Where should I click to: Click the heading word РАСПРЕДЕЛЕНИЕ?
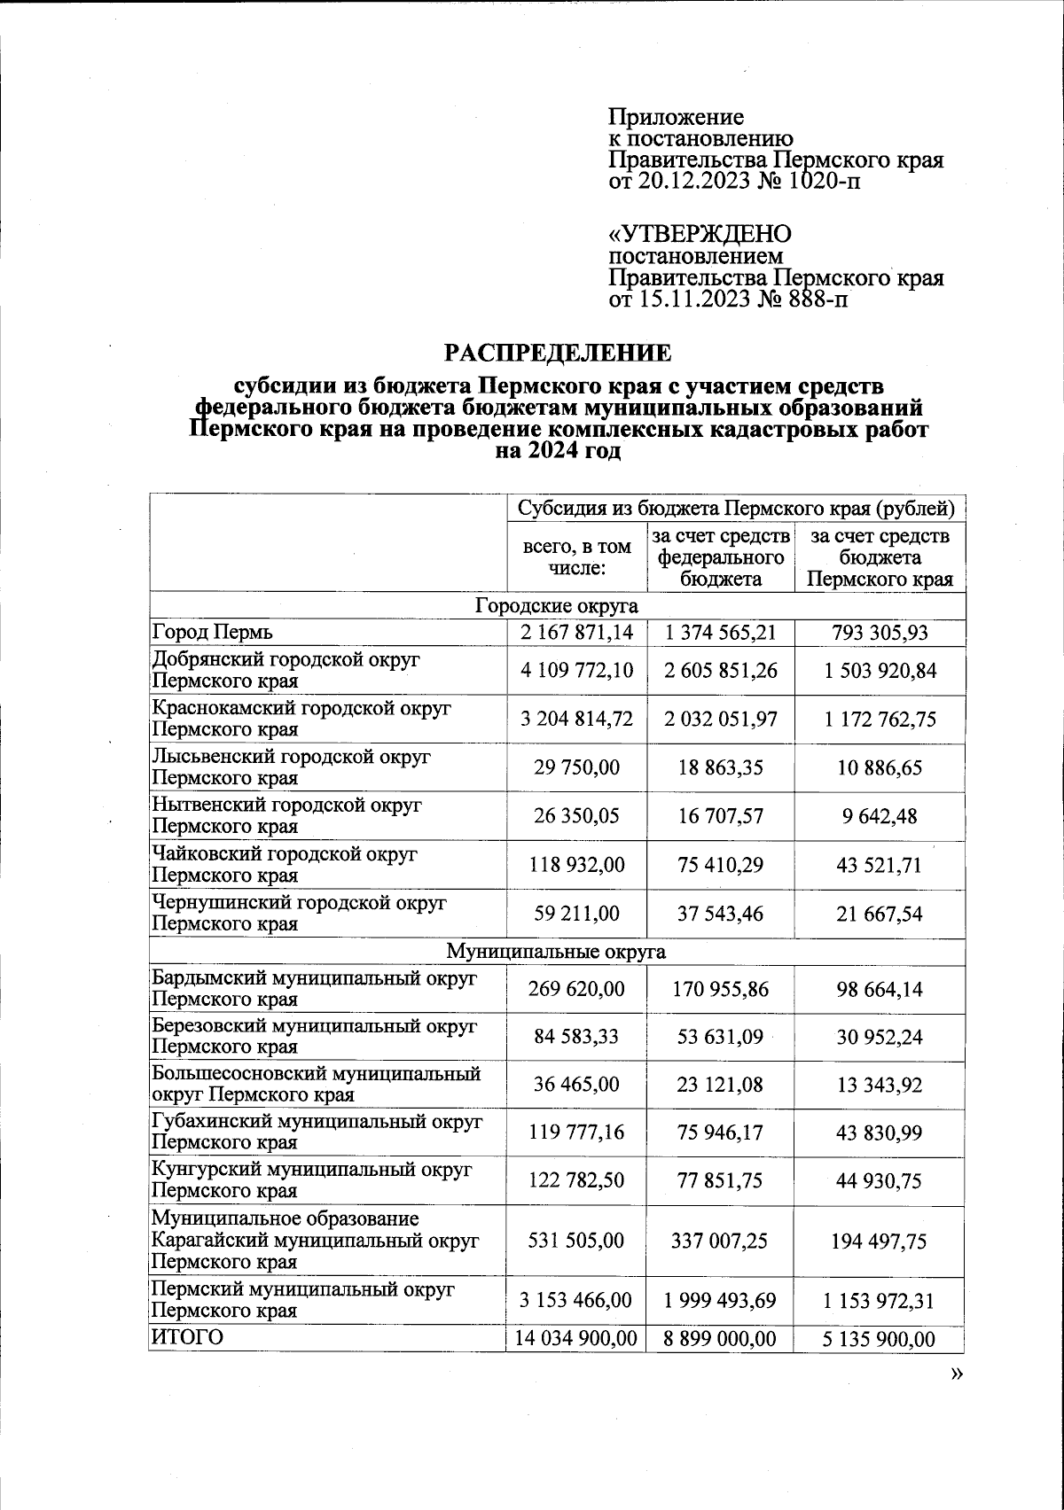click(x=558, y=354)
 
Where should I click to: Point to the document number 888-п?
click(x=813, y=300)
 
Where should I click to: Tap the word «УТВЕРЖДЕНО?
click(x=699, y=235)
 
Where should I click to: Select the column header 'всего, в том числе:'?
click(x=576, y=557)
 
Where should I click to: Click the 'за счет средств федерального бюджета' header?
click(x=721, y=557)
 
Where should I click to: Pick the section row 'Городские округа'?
click(x=557, y=606)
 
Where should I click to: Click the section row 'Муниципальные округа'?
click(x=556, y=952)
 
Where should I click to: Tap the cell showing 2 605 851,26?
click(x=721, y=670)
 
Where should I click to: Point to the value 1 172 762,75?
click(x=879, y=719)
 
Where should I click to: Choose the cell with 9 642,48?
click(x=879, y=815)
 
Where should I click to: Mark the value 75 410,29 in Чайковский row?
click(x=721, y=864)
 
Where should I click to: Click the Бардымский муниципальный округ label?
click(x=314, y=989)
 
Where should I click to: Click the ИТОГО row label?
click(x=188, y=1336)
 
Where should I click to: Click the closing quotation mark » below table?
click(x=955, y=1374)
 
